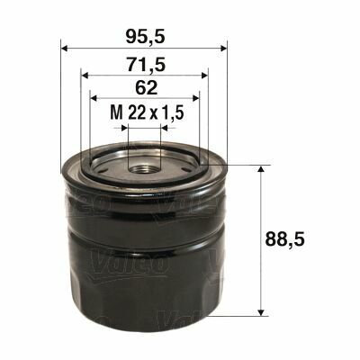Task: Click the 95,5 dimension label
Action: [146, 37]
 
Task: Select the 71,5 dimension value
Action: [146, 64]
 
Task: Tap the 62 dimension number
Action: [146, 88]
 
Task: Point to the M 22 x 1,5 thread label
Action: [147, 112]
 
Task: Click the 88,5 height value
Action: [285, 239]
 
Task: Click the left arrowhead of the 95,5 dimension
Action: [64, 49]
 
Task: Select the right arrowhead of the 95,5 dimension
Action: [224, 49]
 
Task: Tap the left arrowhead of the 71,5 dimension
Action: [85, 76]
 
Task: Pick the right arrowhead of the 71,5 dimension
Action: [204, 76]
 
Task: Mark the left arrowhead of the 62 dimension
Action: [94, 98]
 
